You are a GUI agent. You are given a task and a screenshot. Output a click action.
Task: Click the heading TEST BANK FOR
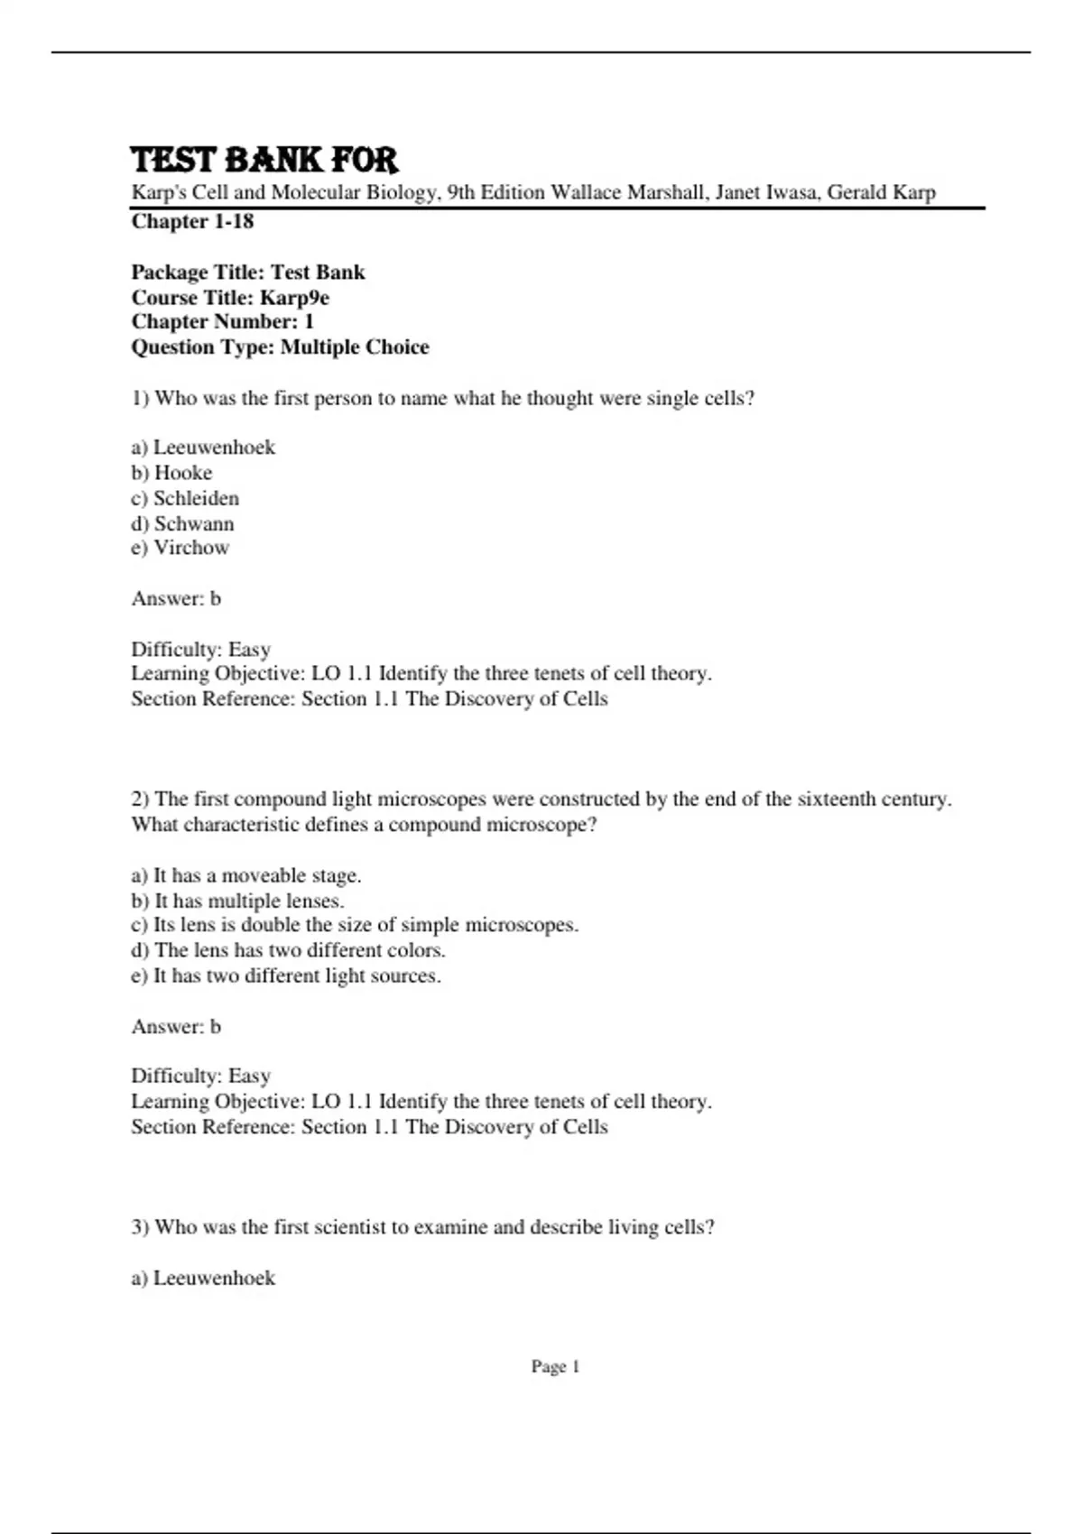pyautogui.click(x=264, y=160)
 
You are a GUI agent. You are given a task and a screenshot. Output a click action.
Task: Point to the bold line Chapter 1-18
pyautogui.click(x=192, y=222)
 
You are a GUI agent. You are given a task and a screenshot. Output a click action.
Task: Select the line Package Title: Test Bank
pyautogui.click(x=248, y=273)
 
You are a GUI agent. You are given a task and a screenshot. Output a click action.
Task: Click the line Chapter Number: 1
pyautogui.click(x=223, y=322)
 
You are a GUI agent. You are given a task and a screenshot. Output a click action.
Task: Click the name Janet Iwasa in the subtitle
pyautogui.click(x=766, y=192)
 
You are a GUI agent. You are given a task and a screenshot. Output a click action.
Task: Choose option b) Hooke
pyautogui.click(x=171, y=473)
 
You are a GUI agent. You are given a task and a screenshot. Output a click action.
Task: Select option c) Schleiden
pyautogui.click(x=185, y=498)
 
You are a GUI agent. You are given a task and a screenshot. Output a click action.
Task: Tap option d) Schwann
pyautogui.click(x=182, y=523)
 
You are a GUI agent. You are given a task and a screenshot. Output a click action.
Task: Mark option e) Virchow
pyautogui.click(x=180, y=548)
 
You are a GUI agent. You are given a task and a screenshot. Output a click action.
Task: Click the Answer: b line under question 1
pyautogui.click(x=176, y=598)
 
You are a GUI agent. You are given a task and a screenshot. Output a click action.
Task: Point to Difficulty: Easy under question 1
pyautogui.click(x=201, y=650)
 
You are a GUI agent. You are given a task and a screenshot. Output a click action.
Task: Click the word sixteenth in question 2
pyautogui.click(x=836, y=799)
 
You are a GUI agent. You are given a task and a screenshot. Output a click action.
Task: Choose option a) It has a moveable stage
pyautogui.click(x=246, y=875)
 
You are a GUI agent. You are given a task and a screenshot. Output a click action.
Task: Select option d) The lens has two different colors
pyautogui.click(x=289, y=950)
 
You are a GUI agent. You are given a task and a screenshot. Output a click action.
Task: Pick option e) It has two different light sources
pyautogui.click(x=286, y=975)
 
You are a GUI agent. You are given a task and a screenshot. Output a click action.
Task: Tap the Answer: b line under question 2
pyautogui.click(x=176, y=1027)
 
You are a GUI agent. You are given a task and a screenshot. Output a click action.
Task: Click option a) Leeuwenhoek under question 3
pyautogui.click(x=203, y=1278)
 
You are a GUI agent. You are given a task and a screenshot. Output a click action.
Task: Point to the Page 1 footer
pyautogui.click(x=555, y=1367)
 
